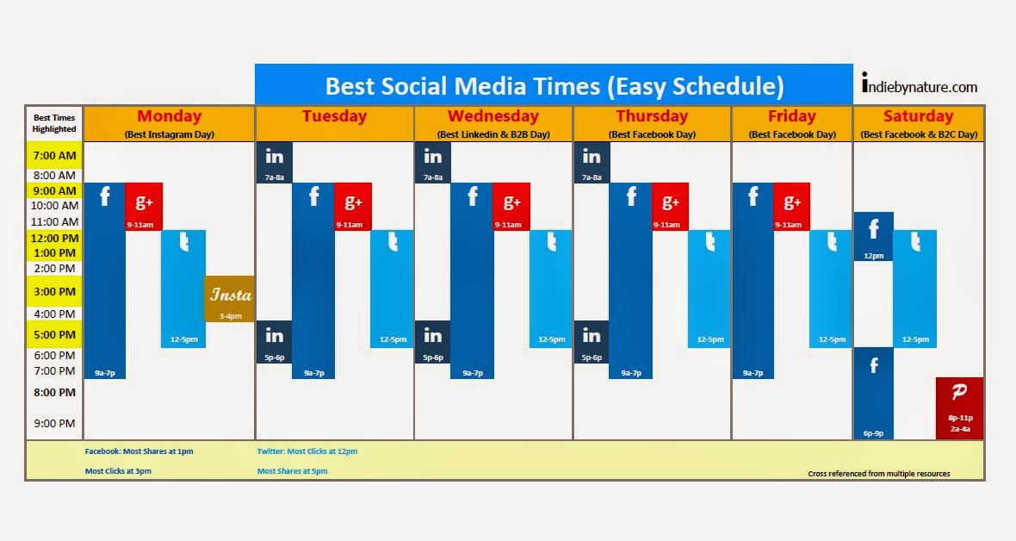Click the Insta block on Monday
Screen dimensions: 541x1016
229,299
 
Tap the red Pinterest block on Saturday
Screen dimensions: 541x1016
959,407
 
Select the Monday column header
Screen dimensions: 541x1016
169,116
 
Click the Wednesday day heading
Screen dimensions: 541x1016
493,116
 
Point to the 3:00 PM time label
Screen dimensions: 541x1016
54,292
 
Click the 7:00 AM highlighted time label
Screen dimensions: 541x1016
54,157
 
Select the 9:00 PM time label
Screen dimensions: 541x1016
54,423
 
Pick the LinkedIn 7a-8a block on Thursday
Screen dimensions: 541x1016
592,162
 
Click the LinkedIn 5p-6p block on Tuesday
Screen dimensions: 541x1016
275,341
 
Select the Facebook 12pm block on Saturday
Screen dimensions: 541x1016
873,236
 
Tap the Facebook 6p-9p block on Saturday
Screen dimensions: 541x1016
873,393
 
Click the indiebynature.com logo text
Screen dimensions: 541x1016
919,86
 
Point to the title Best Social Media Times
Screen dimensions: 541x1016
554,86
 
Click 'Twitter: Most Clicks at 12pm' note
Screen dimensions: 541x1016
307,451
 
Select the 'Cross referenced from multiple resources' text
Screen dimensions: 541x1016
878,474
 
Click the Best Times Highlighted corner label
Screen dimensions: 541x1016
54,123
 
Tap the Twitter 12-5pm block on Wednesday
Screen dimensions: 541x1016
551,289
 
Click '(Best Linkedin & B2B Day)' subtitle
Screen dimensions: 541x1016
493,134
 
